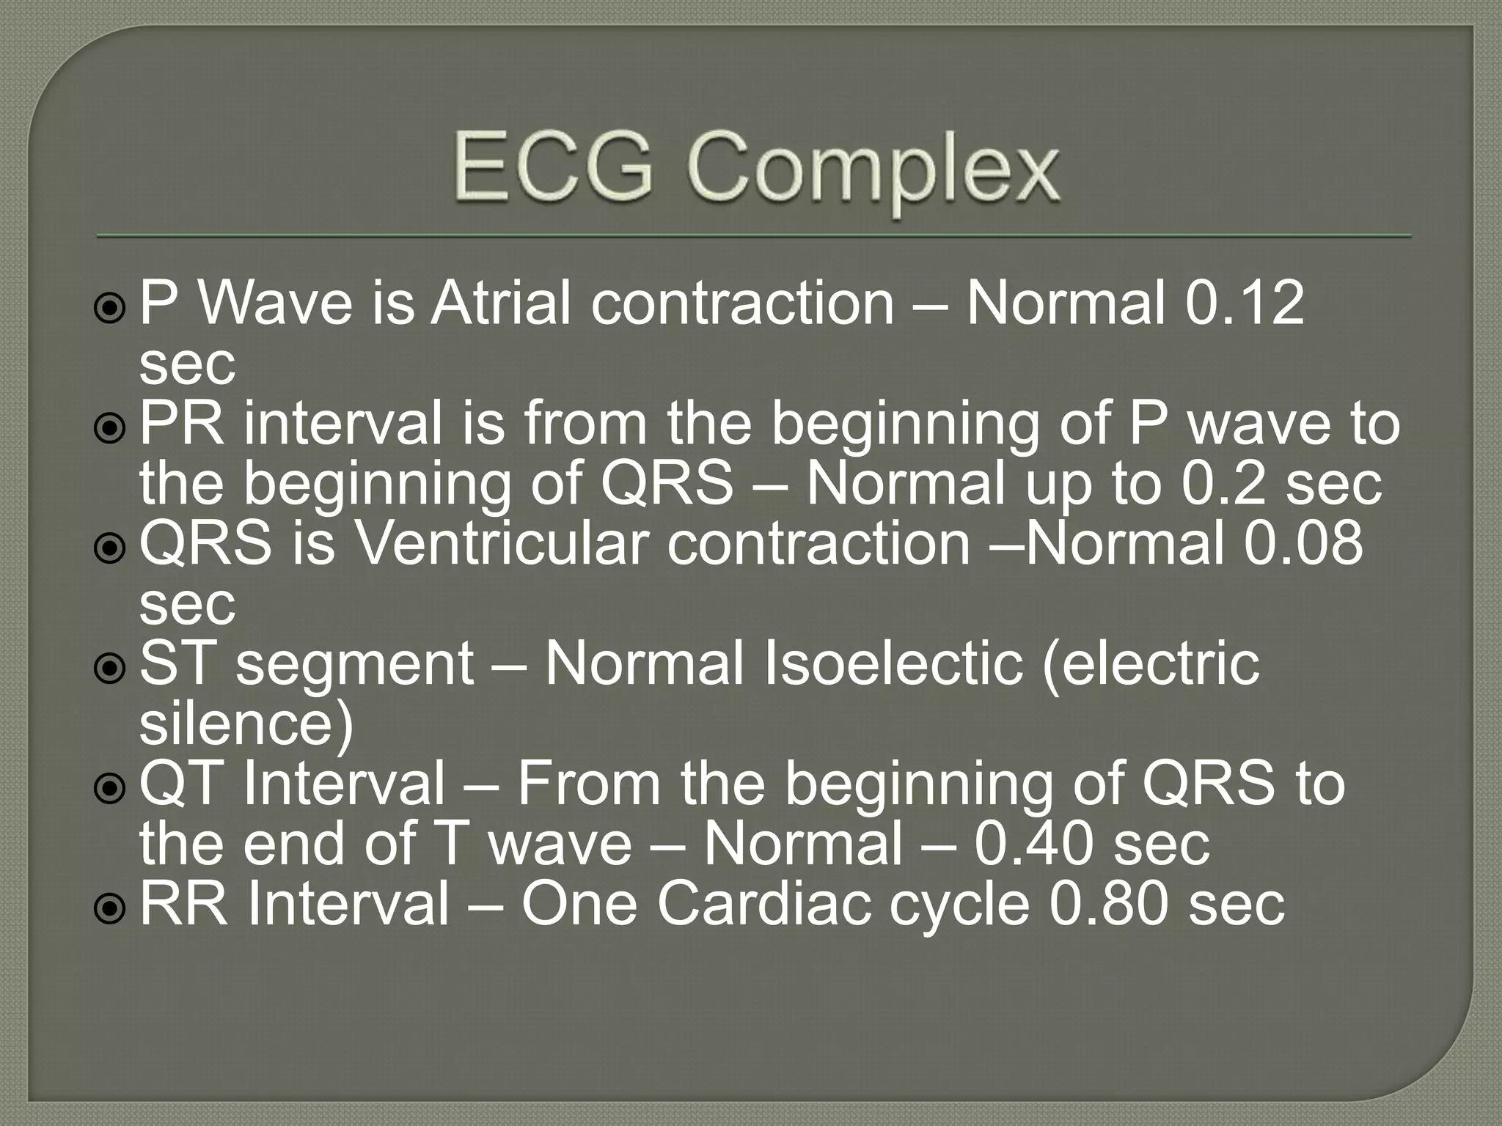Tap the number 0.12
click(x=1245, y=303)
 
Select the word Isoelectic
click(x=893, y=663)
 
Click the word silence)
click(x=246, y=724)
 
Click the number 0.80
click(x=1109, y=904)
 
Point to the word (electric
click(x=1150, y=663)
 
